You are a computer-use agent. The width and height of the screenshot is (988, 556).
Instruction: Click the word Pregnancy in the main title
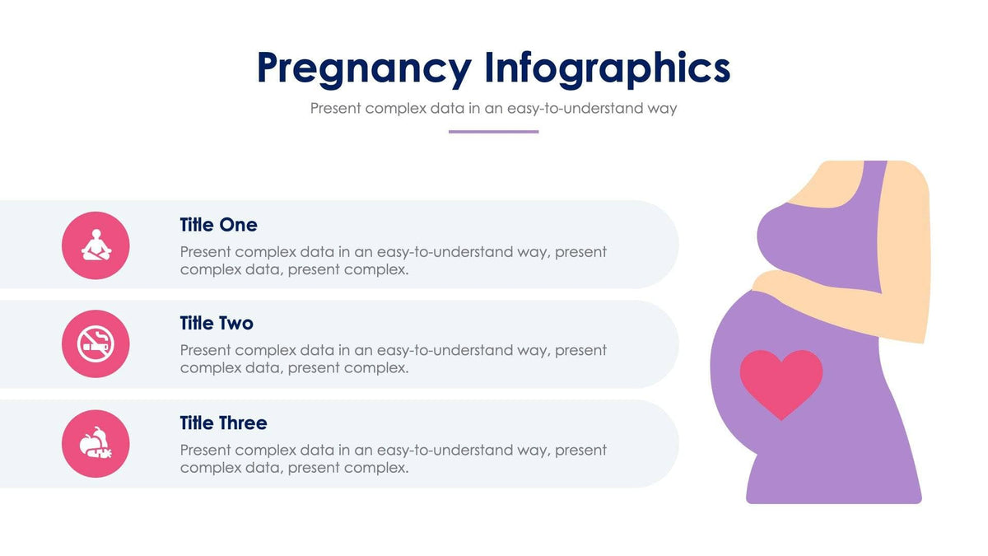365,68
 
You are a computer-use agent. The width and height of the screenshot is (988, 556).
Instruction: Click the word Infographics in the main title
607,68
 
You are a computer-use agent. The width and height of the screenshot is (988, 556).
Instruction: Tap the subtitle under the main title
493,108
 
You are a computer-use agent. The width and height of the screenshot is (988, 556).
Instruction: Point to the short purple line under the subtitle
493,132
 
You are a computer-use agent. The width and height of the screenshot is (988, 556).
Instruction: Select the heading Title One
218,225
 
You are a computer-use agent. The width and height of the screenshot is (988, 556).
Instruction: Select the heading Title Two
217,323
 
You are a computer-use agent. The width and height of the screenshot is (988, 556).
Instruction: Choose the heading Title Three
223,423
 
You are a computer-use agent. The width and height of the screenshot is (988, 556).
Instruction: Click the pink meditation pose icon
96,245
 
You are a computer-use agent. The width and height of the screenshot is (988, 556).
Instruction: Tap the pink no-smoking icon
96,344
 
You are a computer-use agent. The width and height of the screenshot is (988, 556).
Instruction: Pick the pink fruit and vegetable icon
96,444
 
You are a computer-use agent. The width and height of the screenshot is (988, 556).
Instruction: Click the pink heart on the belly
781,382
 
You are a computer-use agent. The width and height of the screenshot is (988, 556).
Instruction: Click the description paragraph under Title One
394,260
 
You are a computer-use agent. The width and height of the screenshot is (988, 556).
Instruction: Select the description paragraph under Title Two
394,359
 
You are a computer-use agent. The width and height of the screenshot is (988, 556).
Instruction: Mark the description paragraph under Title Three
394,459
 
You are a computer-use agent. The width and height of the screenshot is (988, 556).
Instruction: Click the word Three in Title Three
242,423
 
